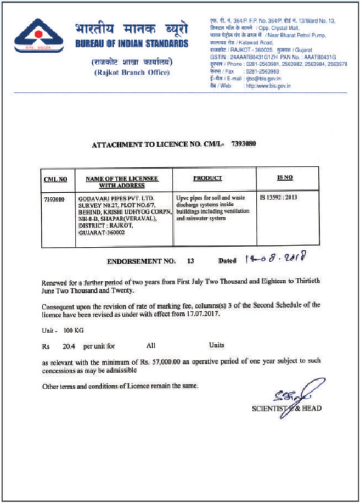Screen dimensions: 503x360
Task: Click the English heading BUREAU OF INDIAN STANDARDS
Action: [x=130, y=43]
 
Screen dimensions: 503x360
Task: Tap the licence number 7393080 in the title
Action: [x=241, y=144]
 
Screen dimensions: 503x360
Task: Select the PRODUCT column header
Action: [x=207, y=178]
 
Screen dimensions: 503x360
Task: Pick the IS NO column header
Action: [x=285, y=178]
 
